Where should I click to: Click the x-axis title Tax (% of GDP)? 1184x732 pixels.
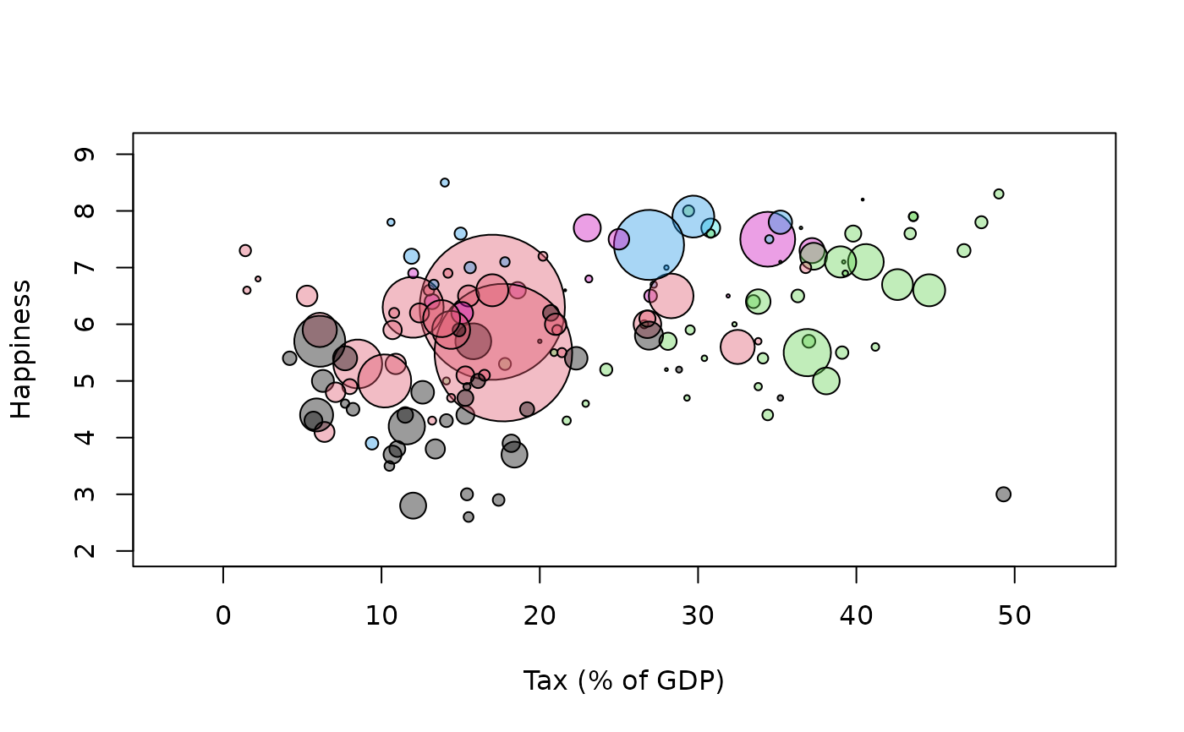[x=623, y=680]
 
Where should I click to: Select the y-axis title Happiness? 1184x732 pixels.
[x=21, y=348]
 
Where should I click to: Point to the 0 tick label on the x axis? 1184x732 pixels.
[x=223, y=615]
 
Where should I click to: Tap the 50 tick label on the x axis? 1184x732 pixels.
[x=1014, y=615]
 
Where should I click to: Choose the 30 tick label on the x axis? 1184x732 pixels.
[x=698, y=615]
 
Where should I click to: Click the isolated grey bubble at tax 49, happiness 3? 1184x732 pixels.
[x=1003, y=494]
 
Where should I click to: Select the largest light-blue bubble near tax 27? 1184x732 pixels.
[x=649, y=244]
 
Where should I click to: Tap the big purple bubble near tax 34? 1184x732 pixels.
[x=767, y=239]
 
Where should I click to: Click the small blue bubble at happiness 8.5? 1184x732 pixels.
[x=445, y=183]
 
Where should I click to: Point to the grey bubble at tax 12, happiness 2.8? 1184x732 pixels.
[x=413, y=505]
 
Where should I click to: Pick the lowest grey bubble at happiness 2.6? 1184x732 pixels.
[x=469, y=516]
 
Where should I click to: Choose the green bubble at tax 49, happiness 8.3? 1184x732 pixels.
[x=999, y=194]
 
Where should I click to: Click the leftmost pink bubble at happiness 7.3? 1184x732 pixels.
[x=245, y=251]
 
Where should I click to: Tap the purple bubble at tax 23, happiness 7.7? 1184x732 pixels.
[x=587, y=227]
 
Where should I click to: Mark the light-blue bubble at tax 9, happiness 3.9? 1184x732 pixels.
[x=372, y=443]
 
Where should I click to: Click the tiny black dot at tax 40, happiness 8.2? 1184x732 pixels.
[x=863, y=199]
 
